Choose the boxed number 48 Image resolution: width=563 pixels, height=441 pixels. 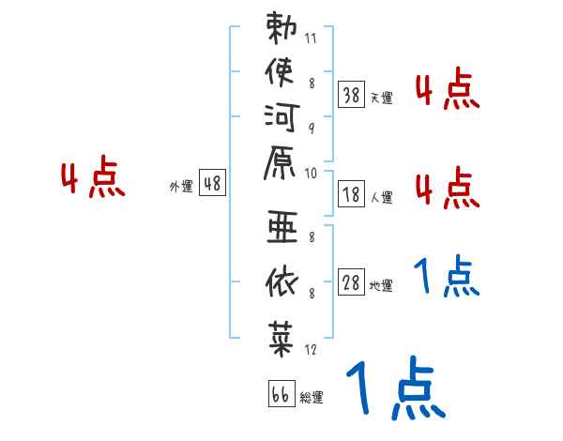tap(212, 185)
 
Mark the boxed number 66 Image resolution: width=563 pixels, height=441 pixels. tap(279, 395)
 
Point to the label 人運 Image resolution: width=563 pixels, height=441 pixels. tap(381, 198)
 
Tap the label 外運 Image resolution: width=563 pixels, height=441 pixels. tap(181, 187)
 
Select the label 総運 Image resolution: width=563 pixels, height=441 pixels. tap(312, 398)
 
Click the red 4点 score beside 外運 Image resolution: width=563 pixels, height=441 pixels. tap(93, 180)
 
